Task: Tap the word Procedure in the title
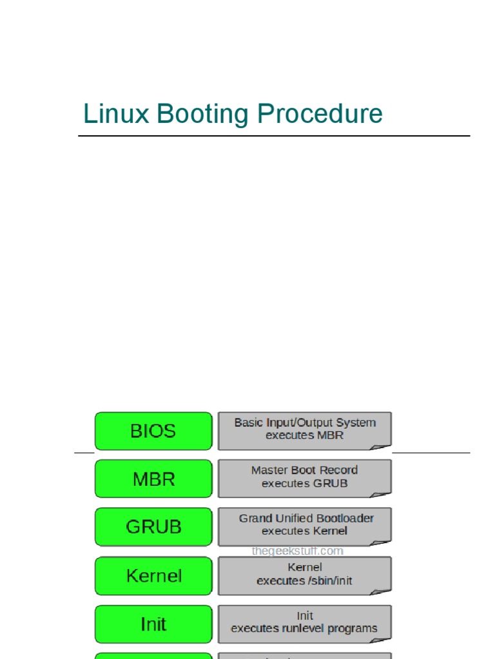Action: tap(320, 115)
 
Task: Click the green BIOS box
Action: tap(153, 431)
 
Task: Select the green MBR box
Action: tap(153, 479)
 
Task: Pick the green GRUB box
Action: tap(153, 527)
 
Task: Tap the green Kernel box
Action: tap(153, 575)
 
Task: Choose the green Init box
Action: tap(153, 624)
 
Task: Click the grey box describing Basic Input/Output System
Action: tap(304, 431)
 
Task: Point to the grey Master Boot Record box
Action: tap(304, 478)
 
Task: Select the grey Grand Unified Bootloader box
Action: tap(304, 526)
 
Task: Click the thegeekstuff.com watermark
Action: tap(298, 551)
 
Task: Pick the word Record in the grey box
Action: tap(339, 470)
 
